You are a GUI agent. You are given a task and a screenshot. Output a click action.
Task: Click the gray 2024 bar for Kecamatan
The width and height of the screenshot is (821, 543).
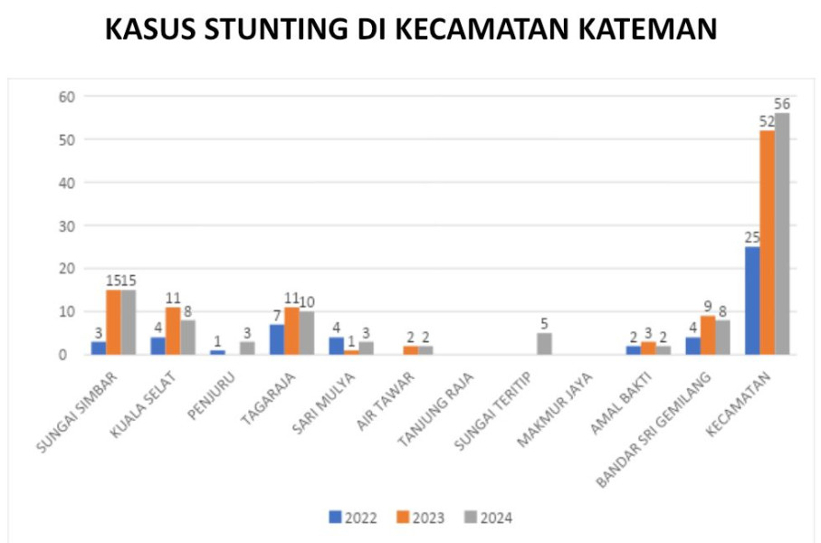coord(782,233)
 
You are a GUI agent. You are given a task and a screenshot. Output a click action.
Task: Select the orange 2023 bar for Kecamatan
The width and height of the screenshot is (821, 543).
coord(768,243)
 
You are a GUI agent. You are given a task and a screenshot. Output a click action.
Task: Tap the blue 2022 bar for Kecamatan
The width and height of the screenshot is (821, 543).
coord(752,300)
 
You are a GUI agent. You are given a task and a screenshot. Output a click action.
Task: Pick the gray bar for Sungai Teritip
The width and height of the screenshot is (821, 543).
coord(545,344)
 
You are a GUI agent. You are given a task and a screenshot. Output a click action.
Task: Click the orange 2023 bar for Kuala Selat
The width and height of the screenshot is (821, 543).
coord(173,331)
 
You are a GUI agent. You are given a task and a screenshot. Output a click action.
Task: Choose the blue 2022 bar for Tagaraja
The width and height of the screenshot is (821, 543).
coord(277,339)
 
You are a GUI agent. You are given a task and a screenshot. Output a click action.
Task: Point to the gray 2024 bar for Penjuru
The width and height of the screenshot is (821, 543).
coord(247,348)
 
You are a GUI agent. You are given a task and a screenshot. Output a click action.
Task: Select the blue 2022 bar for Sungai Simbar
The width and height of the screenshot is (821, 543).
coord(99,348)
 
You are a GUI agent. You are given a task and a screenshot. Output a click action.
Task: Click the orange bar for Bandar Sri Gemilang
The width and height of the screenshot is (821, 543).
coord(708,335)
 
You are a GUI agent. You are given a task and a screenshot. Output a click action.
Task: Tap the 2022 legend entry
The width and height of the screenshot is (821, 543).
coord(353,518)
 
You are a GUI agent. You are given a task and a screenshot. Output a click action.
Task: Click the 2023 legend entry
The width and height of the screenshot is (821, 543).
coord(420,518)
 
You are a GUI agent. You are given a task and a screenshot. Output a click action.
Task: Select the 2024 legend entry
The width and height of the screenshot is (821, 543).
coord(489,518)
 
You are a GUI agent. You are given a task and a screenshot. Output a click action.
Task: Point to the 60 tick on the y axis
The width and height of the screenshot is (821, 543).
coord(67,96)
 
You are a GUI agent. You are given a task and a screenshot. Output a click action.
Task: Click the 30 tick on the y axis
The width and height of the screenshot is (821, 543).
coord(67,225)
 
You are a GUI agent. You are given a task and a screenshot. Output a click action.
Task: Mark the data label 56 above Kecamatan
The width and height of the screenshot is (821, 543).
coord(782,104)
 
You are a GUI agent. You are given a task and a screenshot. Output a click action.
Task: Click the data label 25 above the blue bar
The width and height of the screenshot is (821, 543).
coord(752,238)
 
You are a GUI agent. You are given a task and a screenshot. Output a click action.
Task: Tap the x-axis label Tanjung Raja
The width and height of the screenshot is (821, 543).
coord(435,410)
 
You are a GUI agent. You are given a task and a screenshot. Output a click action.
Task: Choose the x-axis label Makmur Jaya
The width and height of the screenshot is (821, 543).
coord(555,410)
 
